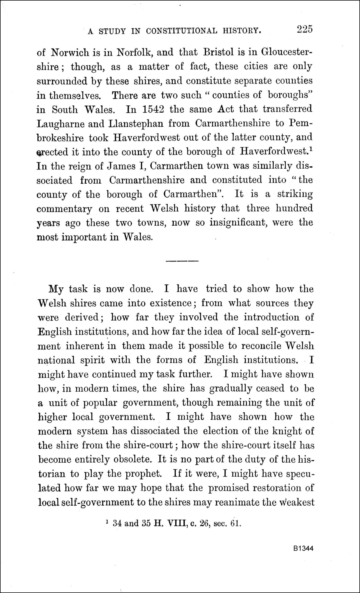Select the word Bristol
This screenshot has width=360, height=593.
[218, 52]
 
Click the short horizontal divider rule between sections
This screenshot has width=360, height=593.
[182, 261]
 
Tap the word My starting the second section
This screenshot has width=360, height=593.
[56, 289]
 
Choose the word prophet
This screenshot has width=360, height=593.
[144, 473]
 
